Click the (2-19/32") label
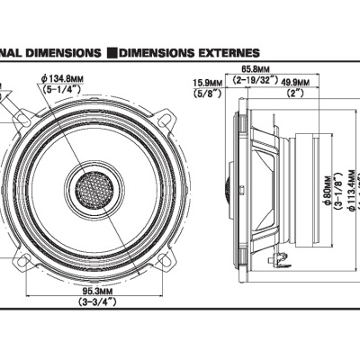pos(254,80)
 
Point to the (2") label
pos(294,92)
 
